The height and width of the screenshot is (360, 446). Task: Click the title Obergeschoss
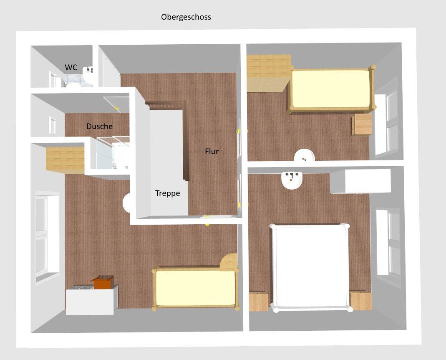186,17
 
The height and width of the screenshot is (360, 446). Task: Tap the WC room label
71,67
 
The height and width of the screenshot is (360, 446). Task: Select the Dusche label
100,126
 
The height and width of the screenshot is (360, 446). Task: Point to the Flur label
212,151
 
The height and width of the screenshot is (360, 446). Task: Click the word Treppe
168,193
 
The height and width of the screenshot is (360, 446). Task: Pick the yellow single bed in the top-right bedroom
331,89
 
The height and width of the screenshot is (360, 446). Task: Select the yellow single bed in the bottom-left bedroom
196,288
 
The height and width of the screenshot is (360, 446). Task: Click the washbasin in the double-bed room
291,180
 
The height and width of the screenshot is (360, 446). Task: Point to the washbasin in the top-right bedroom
304,155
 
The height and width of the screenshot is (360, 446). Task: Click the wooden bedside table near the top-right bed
362,124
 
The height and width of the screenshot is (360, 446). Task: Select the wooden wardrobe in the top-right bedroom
269,73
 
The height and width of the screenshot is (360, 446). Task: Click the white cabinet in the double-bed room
360,181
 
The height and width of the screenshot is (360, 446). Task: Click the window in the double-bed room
388,242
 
